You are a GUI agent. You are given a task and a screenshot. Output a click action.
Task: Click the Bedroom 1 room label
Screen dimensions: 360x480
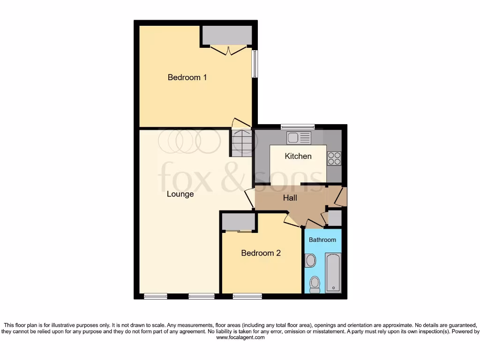pyautogui.click(x=187, y=77)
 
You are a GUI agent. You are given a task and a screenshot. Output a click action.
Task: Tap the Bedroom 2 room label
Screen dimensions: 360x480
pyautogui.click(x=261, y=253)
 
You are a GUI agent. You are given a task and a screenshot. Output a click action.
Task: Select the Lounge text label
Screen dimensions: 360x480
pyautogui.click(x=180, y=194)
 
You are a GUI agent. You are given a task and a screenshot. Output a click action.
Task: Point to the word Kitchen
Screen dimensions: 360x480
pyautogui.click(x=298, y=156)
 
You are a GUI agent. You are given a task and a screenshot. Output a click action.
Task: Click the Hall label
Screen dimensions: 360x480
pyautogui.click(x=290, y=198)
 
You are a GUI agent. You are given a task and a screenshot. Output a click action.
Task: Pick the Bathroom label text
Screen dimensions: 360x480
pyautogui.click(x=322, y=240)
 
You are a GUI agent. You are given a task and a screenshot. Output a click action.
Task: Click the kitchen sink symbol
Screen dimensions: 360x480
pyautogui.click(x=299, y=138)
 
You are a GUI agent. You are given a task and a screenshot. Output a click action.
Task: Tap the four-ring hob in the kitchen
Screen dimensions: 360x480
pyautogui.click(x=334, y=158)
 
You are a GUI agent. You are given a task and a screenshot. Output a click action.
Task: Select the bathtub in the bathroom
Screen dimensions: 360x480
pyautogui.click(x=333, y=272)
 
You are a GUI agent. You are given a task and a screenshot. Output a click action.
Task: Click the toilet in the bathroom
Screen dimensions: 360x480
pyautogui.click(x=315, y=284)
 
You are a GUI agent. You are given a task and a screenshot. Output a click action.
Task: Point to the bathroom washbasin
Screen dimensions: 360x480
pyautogui.click(x=310, y=261)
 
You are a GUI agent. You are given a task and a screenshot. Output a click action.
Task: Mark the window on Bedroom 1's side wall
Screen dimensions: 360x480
pyautogui.click(x=254, y=64)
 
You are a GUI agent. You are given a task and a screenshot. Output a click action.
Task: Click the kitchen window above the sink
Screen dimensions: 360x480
pyautogui.click(x=298, y=126)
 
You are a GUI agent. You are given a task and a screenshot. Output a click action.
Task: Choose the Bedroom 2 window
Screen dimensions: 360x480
pyautogui.click(x=247, y=296)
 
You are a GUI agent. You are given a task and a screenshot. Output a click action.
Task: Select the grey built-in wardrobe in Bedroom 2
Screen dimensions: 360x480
pyautogui.click(x=239, y=221)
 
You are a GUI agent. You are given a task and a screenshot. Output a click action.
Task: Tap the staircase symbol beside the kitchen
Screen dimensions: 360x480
pyautogui.click(x=241, y=143)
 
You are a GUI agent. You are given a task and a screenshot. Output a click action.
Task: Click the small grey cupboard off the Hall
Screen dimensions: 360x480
pyautogui.click(x=335, y=218)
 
